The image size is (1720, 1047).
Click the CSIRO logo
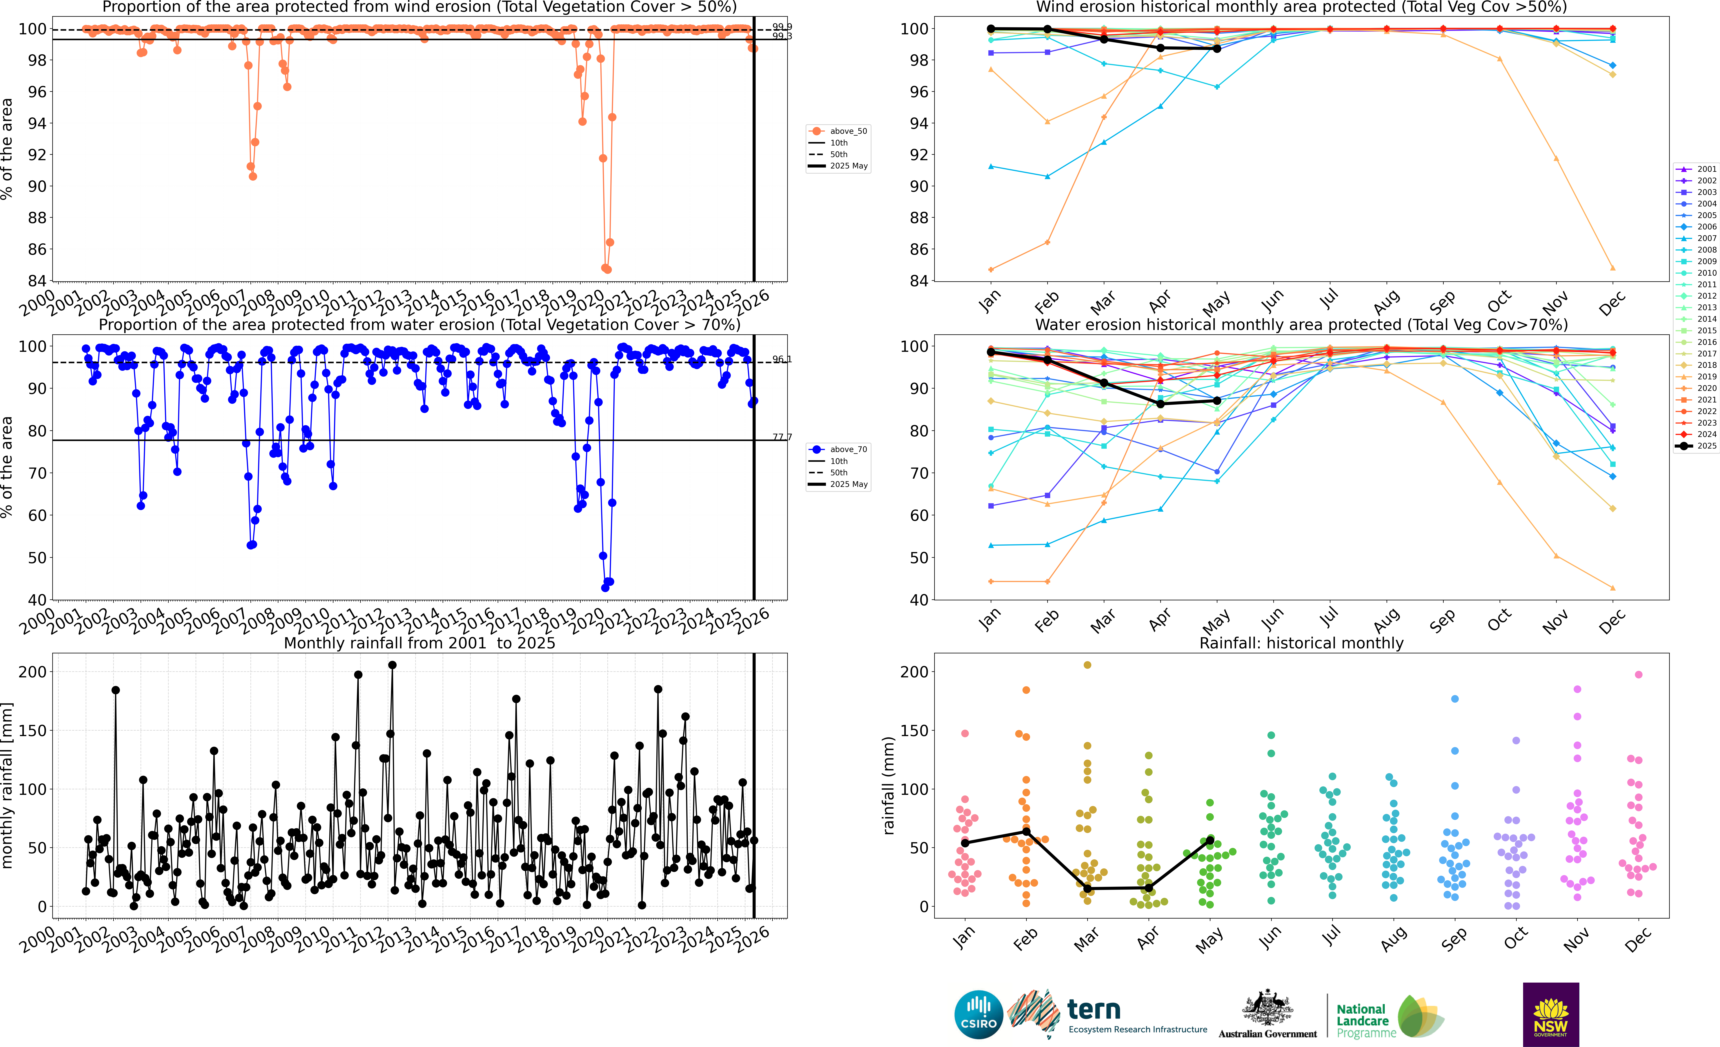coord(978,1014)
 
